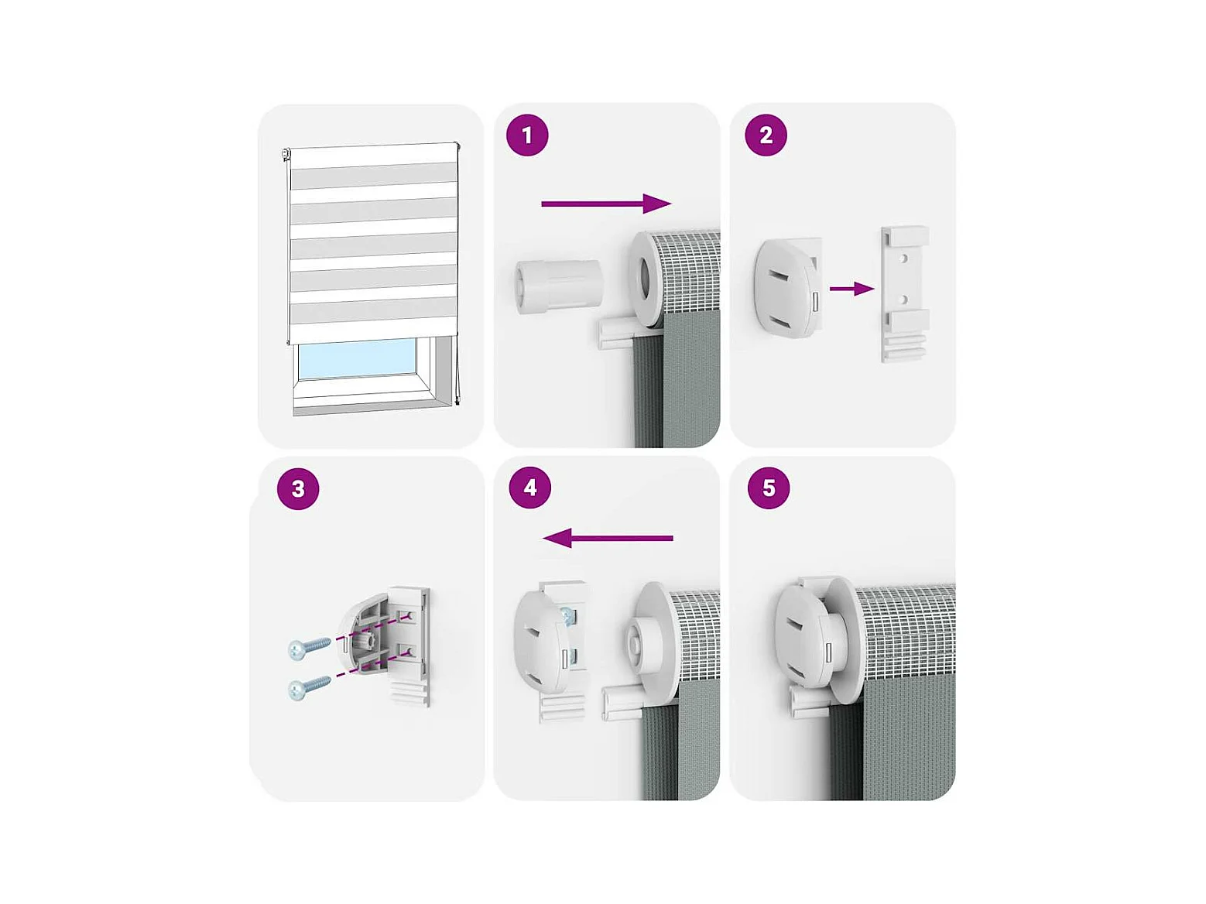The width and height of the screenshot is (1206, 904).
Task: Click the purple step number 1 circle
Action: click(527, 135)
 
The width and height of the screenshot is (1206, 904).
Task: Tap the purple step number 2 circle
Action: click(766, 135)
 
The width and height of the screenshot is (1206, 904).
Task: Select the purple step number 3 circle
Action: click(298, 488)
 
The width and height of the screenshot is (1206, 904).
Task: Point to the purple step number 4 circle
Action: click(529, 487)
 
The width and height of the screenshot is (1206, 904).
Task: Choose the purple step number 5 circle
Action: click(769, 487)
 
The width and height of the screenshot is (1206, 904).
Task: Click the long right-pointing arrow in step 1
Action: click(606, 204)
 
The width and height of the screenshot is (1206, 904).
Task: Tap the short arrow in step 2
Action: click(851, 289)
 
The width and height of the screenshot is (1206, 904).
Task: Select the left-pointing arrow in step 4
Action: click(608, 538)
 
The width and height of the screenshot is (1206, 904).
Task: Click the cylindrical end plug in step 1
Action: click(559, 286)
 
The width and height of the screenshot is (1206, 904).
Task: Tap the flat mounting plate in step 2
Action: click(905, 294)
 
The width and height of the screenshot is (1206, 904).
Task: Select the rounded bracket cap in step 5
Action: click(806, 637)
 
